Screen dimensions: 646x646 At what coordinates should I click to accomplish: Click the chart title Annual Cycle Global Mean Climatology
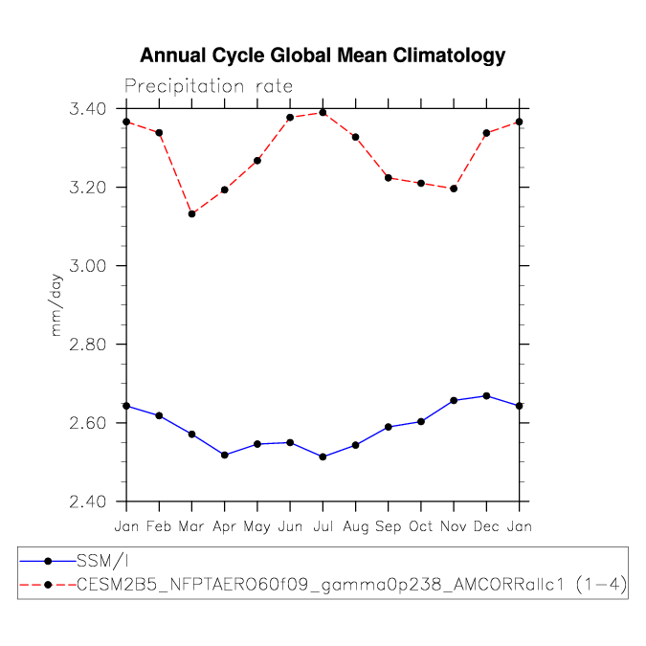click(323, 56)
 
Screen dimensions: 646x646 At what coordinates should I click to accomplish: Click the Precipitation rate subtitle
click(209, 86)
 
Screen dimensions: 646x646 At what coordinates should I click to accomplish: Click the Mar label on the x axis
click(191, 526)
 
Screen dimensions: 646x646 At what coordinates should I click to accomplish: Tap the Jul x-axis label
click(323, 526)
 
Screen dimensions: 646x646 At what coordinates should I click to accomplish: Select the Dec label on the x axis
click(486, 526)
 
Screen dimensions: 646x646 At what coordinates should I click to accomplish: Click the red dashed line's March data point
click(191, 213)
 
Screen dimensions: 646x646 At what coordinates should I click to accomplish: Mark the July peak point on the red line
click(323, 113)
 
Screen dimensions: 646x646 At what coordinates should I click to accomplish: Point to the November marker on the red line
click(454, 189)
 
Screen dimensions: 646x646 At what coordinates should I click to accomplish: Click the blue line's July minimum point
click(323, 457)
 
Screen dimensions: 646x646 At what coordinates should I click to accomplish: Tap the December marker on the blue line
click(486, 396)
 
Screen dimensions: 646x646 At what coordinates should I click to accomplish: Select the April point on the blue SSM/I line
click(224, 455)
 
